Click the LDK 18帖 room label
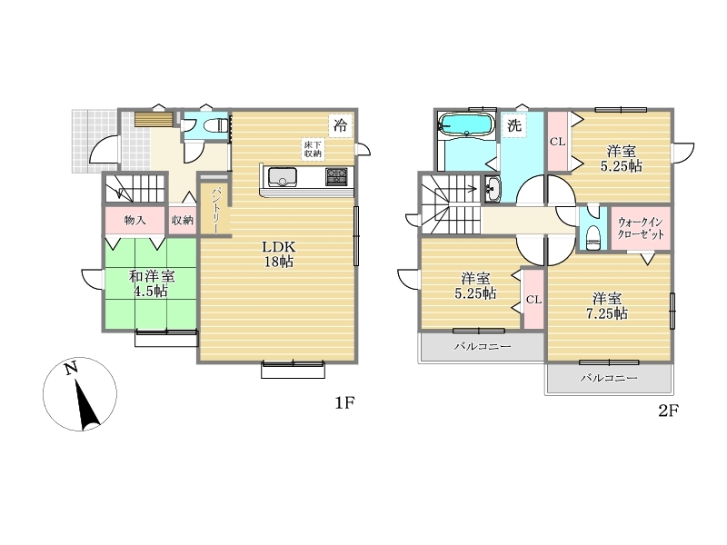pos(278,254)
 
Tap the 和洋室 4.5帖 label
pos(151,283)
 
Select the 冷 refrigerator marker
pos(340,125)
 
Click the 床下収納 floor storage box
pos(313,149)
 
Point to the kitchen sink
pos(282,176)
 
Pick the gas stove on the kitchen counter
pos(336,176)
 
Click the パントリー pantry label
pos(216,210)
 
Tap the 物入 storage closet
pos(134,221)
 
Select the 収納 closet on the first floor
pos(183,221)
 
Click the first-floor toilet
pos(219,125)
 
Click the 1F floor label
pos(344,403)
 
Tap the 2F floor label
pos(668,411)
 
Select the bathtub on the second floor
pos(464,124)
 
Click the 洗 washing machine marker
pos(514,125)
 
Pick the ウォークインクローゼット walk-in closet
pos(641,228)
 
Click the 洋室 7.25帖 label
pos(607,306)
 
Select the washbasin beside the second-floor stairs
pos(493,190)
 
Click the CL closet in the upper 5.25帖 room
pos(558,142)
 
